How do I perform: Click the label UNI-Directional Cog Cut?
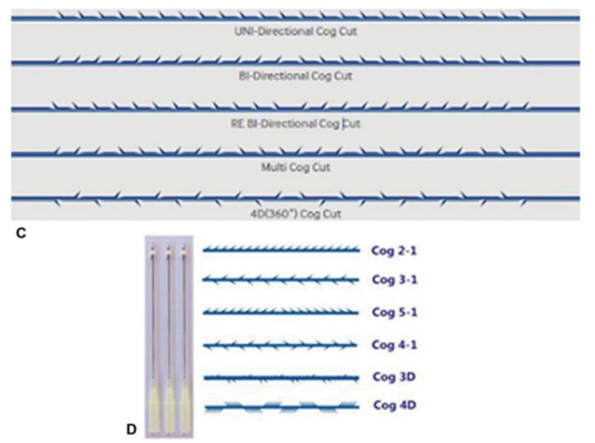(295, 32)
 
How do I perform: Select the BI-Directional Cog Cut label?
(295, 76)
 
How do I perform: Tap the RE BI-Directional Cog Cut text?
(295, 124)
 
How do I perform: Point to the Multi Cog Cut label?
(295, 167)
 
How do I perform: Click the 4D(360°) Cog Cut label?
(295, 214)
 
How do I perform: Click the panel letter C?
(21, 233)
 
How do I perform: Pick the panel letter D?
(131, 429)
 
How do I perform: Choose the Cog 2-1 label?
(394, 251)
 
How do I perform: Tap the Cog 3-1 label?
(395, 280)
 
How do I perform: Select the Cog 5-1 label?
(395, 312)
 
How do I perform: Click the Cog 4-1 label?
(394, 345)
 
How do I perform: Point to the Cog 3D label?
(394, 377)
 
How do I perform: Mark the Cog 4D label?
(395, 405)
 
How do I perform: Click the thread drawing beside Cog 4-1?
(280, 345)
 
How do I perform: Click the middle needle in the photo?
(169, 336)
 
